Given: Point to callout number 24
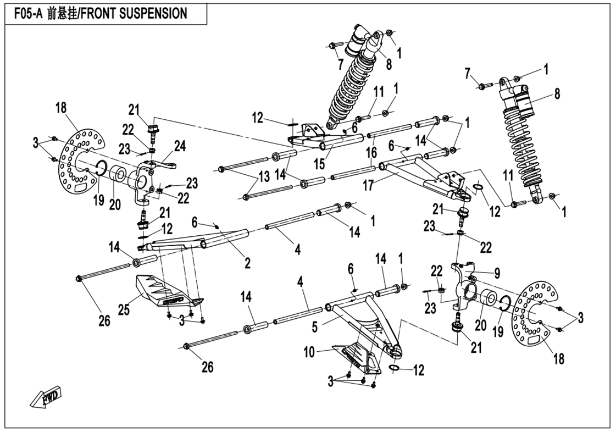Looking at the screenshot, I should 180,146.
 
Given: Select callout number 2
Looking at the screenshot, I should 247,263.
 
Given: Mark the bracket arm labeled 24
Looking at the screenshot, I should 165,164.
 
